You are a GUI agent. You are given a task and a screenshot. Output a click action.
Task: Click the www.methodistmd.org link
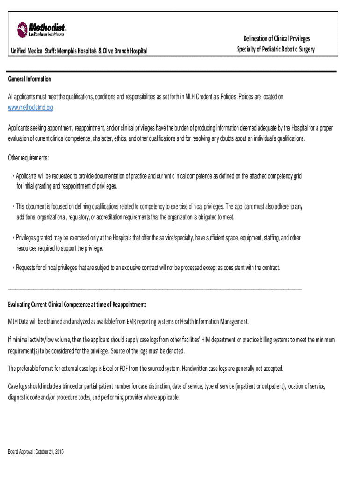click(x=31, y=108)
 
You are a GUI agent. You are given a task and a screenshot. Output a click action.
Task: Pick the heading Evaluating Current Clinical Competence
click(x=77, y=305)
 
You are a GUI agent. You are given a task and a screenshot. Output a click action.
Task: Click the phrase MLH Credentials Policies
click(x=209, y=97)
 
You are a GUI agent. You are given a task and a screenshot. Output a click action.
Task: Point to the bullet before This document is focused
click(x=14, y=206)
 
